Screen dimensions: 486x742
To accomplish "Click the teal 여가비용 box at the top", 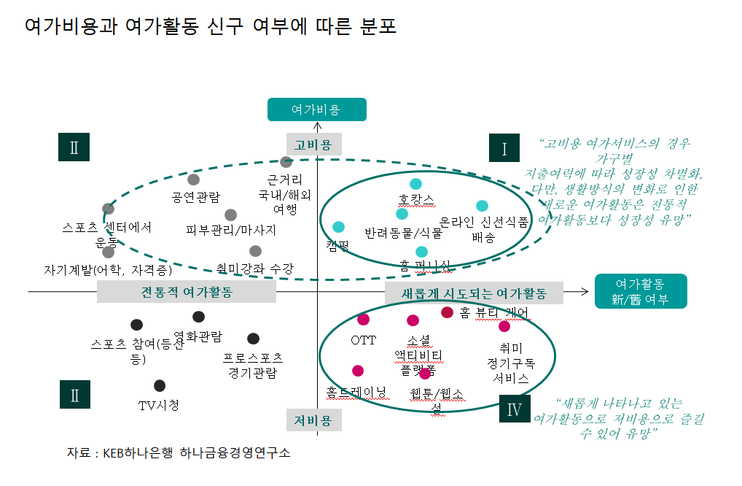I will click(x=316, y=109).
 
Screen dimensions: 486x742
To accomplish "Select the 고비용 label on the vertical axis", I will click(x=313, y=144).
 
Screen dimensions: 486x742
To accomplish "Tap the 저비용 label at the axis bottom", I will click(x=313, y=420).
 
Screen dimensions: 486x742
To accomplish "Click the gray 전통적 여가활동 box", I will click(x=187, y=292).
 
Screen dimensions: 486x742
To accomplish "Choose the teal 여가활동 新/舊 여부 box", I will click(x=641, y=291).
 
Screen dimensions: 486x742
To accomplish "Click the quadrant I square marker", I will click(x=504, y=149).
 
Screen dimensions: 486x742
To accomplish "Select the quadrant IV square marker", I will click(x=514, y=409).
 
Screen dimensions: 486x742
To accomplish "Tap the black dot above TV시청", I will click(x=160, y=385).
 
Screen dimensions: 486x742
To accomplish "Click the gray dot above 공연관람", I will click(x=193, y=180).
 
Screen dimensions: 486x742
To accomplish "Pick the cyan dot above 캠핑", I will click(x=338, y=227).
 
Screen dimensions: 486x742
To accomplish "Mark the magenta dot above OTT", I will click(x=363, y=319).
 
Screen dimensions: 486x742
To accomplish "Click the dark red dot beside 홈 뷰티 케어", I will click(x=448, y=312).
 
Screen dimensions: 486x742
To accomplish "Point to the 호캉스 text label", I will click(x=416, y=199).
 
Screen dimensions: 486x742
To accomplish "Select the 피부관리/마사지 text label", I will click(x=231, y=230).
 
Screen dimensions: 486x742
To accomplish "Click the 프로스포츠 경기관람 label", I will click(x=253, y=366).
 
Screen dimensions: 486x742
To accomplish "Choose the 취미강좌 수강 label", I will click(x=254, y=269).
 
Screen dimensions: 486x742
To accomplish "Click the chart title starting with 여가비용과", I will click(x=211, y=27).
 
